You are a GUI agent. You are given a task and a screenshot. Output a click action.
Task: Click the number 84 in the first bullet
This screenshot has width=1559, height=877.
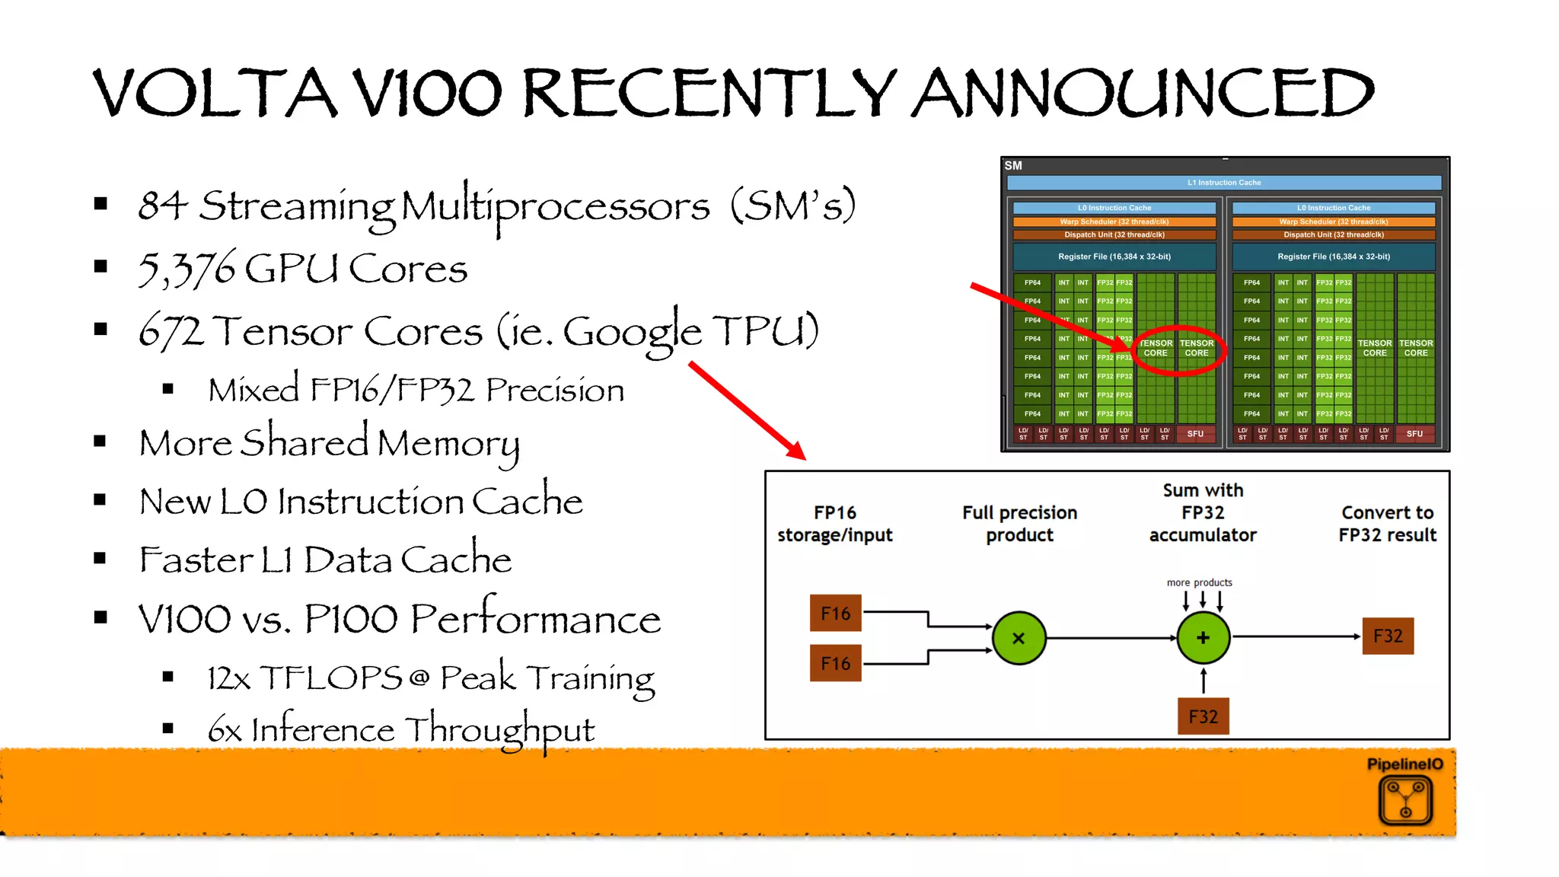162,206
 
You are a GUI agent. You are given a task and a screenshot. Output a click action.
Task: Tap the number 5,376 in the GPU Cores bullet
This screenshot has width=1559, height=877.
187,269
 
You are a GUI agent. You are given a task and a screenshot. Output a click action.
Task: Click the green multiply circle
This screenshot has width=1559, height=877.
1019,638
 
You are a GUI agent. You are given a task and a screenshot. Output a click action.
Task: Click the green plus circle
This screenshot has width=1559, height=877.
1203,638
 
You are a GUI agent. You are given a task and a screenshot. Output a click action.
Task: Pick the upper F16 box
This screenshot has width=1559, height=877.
835,613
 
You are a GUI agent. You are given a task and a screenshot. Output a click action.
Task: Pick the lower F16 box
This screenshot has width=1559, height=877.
835,663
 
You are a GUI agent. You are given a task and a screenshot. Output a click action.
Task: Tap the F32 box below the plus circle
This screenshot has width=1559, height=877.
1203,716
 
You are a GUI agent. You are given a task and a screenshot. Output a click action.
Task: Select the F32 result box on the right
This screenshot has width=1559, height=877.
1387,636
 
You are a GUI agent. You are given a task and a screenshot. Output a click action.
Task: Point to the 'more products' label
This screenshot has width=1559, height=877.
1199,582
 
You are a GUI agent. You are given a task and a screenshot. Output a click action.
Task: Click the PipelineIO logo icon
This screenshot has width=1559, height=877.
1405,800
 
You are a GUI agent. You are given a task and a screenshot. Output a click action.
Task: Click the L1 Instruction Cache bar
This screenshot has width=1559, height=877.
1223,183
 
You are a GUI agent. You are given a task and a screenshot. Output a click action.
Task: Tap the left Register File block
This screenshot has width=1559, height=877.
1114,257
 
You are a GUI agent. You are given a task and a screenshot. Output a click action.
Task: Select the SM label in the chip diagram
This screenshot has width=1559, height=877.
1013,165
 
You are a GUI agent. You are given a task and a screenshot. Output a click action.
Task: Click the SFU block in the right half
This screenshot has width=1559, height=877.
1414,434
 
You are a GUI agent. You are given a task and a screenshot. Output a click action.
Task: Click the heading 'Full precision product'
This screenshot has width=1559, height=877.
1019,524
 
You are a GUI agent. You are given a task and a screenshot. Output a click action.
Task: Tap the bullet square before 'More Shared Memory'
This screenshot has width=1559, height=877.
100,442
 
